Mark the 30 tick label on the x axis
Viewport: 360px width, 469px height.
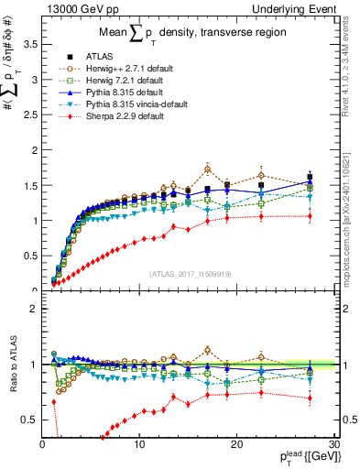pyautogui.click(x=334, y=444)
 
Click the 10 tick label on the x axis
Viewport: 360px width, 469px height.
pyautogui.click(x=139, y=444)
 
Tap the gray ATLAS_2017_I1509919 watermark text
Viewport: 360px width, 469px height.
pyautogui.click(x=189, y=272)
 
